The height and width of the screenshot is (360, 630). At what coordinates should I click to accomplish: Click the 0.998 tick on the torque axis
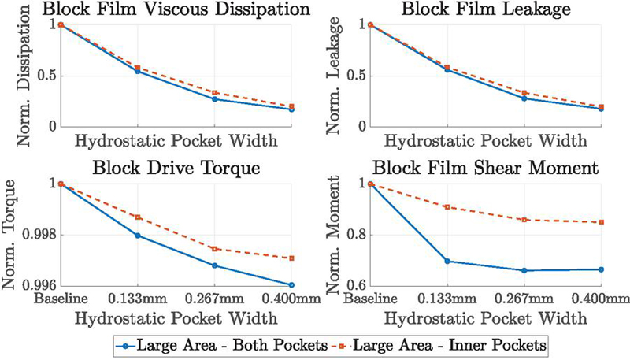coord(39,235)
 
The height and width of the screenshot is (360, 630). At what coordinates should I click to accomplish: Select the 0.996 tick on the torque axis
coord(39,285)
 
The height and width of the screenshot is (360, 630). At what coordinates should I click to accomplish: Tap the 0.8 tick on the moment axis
coord(354,235)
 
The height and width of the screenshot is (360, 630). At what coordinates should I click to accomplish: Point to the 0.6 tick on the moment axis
coord(354,285)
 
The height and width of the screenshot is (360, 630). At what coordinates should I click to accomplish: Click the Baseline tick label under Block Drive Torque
coord(60,299)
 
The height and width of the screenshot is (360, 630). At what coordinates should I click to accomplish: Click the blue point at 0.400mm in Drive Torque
coord(291,284)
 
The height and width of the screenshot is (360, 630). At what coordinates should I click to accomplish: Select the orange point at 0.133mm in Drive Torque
coord(137,217)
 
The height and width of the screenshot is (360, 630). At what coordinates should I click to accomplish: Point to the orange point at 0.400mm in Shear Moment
coord(601,222)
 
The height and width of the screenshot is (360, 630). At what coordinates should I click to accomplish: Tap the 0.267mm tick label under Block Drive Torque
coord(214,299)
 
